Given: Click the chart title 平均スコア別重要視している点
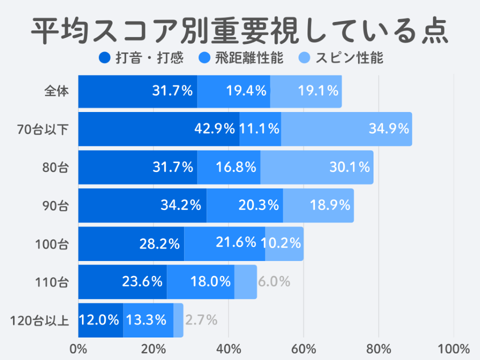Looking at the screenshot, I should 239,31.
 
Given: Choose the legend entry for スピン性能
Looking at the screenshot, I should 342,58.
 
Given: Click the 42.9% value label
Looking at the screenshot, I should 214,129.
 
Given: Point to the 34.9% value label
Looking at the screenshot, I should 389,129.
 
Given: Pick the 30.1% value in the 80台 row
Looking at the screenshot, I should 349,167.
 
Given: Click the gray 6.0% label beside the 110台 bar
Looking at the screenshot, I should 274,281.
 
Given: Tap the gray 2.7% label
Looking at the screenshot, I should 201,320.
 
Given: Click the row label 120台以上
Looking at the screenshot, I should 40,320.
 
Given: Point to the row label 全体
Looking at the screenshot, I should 56,91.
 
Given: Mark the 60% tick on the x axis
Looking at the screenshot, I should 304,348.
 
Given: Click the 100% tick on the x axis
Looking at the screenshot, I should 453,348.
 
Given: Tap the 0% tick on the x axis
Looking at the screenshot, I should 78,348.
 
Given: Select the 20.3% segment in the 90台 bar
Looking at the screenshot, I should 244,205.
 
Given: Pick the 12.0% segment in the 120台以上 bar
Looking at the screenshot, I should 100,320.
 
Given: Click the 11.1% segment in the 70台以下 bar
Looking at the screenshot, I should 260,129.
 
